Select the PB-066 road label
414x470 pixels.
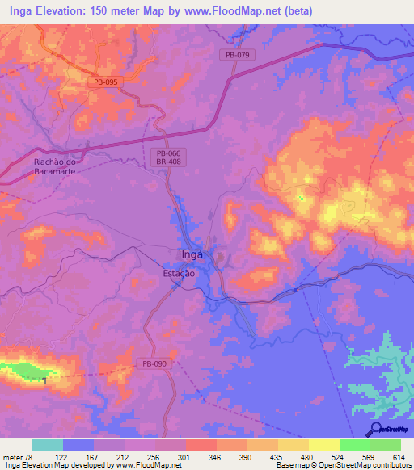(x=169, y=153)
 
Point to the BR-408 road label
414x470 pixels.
(x=169, y=162)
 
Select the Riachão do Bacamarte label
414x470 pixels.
(x=55, y=166)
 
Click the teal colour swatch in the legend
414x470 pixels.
(x=48, y=445)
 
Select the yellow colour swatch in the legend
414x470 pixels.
(x=323, y=445)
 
